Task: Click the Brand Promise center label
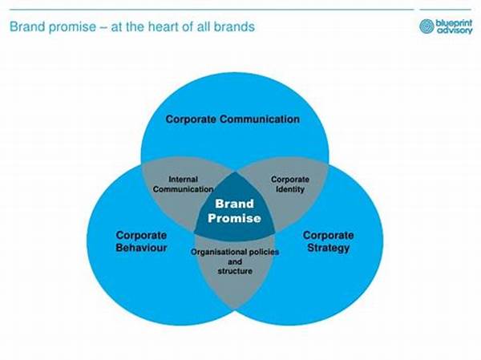click(234, 211)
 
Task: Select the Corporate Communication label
click(232, 119)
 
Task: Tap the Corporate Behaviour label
click(141, 241)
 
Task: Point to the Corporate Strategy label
click(328, 241)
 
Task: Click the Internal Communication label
click(183, 184)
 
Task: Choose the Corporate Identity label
click(290, 184)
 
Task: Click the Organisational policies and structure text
click(235, 261)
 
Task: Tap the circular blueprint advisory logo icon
click(426, 26)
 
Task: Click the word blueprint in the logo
click(454, 23)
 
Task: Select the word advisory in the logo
click(455, 30)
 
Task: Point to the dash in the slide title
click(103, 27)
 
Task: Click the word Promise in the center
click(234, 218)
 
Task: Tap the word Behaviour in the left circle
click(141, 248)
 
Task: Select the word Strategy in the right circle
click(328, 248)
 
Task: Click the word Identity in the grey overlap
click(290, 189)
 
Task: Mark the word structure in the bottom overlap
click(235, 271)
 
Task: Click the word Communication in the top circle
click(260, 119)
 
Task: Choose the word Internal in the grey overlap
click(183, 180)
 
